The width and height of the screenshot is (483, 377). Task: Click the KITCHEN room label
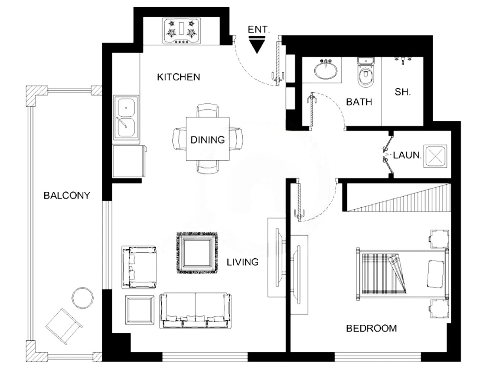(178, 77)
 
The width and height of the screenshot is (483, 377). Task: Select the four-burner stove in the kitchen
(181, 31)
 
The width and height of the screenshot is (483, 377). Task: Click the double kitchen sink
(126, 117)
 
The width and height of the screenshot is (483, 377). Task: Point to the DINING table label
(208, 140)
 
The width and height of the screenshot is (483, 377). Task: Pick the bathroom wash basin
(325, 70)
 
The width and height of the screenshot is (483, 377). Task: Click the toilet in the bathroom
(366, 72)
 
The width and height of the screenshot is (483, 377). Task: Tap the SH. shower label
(403, 92)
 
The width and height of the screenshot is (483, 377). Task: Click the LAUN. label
(407, 155)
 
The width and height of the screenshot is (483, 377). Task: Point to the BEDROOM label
(371, 328)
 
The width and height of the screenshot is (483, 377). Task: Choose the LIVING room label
(243, 262)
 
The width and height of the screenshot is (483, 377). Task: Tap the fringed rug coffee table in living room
(197, 253)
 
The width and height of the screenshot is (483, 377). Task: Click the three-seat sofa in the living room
(195, 311)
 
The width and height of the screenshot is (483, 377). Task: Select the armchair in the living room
(139, 267)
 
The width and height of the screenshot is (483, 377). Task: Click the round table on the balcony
(83, 298)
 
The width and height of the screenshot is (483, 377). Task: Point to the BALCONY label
(67, 196)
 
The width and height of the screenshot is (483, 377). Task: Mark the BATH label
(359, 102)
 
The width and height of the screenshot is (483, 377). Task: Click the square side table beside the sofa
(140, 310)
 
